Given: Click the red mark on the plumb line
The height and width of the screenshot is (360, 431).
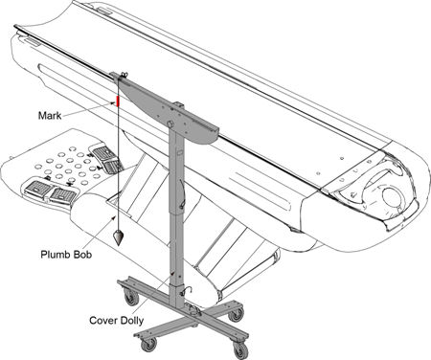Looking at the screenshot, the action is [118, 101].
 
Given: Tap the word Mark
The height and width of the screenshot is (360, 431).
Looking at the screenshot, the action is [50, 115].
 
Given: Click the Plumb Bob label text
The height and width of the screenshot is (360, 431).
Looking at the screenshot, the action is [66, 255].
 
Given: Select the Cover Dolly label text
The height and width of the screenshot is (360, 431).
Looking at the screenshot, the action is [116, 321].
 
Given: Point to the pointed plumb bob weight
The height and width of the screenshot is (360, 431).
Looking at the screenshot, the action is [119, 236].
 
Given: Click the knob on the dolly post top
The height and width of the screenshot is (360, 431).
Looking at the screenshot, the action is [170, 124].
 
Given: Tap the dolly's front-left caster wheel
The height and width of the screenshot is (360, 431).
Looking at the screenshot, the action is [148, 345].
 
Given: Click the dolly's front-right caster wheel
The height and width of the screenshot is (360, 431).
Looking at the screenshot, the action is [240, 350].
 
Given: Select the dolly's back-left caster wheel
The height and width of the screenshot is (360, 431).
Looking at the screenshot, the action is [130, 298].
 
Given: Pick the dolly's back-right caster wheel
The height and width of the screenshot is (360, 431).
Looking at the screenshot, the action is [237, 314].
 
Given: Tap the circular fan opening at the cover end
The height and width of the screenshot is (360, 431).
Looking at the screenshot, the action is [394, 197].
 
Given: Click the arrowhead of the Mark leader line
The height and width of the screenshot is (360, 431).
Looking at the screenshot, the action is [113, 102].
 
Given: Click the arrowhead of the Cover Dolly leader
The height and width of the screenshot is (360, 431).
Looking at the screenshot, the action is [172, 273].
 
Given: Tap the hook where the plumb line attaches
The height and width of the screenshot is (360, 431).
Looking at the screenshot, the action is [124, 75].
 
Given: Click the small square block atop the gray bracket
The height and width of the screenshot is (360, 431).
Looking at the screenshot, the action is [178, 105].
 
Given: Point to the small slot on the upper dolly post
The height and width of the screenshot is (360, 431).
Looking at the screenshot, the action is [179, 153].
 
